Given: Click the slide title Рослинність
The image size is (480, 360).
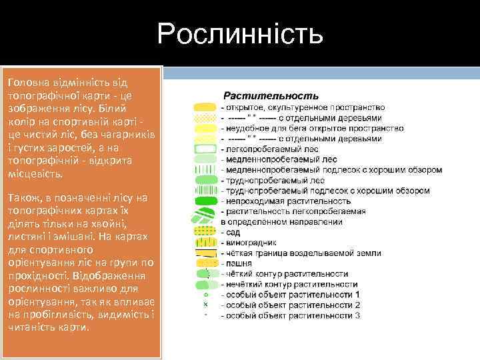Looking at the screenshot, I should point(240,33).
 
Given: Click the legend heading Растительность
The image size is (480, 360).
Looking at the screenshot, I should point(270,96).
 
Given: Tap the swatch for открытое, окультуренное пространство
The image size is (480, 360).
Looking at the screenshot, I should point(205,107).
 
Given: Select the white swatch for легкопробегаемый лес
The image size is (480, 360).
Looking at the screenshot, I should point(205,149).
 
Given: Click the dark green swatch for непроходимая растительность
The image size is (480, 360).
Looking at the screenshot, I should point(205,201).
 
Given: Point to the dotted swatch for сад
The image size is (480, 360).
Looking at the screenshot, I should point(205,232).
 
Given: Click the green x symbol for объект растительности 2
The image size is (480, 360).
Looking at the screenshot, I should point(206,304).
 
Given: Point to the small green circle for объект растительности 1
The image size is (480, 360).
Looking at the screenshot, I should point(206,294).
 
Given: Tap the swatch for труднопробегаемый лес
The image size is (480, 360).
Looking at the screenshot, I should point(205,180).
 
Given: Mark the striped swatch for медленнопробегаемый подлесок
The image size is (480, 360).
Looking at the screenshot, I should point(205,169).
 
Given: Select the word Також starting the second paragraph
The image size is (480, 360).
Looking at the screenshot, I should point(22,198).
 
